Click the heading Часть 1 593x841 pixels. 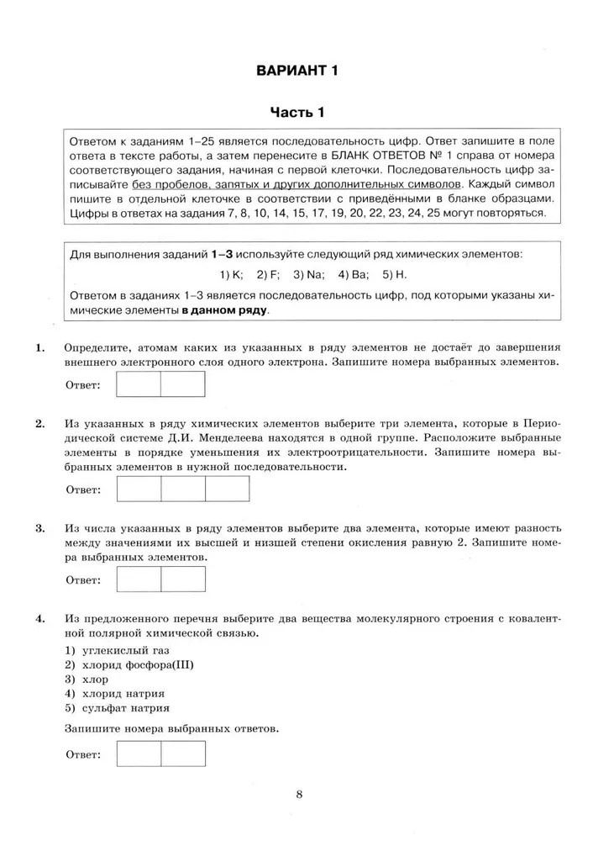click(296, 112)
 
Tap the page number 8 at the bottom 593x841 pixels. click(299, 794)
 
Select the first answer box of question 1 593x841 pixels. click(139, 384)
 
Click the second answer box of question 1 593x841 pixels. click(182, 384)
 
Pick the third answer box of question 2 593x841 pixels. click(227, 489)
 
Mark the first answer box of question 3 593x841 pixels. click(139, 579)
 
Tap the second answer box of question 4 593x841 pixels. click(182, 754)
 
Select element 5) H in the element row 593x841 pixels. click(394, 274)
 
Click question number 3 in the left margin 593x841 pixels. click(39, 528)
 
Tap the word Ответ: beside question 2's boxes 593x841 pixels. click(83, 489)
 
